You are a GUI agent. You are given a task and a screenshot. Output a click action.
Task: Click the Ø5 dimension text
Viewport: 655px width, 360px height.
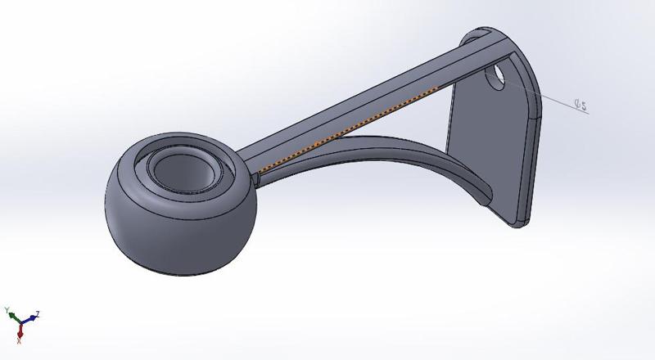coord(580,104)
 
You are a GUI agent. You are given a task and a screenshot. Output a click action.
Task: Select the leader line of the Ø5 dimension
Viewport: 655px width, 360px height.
coord(549,97)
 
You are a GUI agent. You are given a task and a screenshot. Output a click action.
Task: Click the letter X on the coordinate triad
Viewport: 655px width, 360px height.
coord(19,339)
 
